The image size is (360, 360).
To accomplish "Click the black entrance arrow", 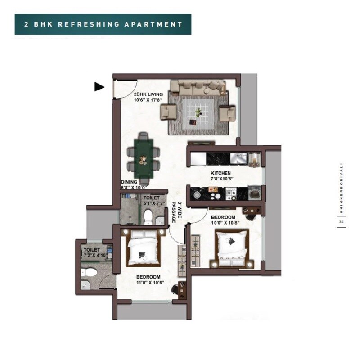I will (99, 87).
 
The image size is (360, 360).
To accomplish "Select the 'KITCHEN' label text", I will (220, 173).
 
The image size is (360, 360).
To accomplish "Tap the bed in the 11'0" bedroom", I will (143, 250).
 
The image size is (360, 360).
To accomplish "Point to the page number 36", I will (342, 222).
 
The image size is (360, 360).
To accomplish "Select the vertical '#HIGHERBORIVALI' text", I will (342, 189).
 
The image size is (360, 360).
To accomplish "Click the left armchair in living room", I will (169, 111).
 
